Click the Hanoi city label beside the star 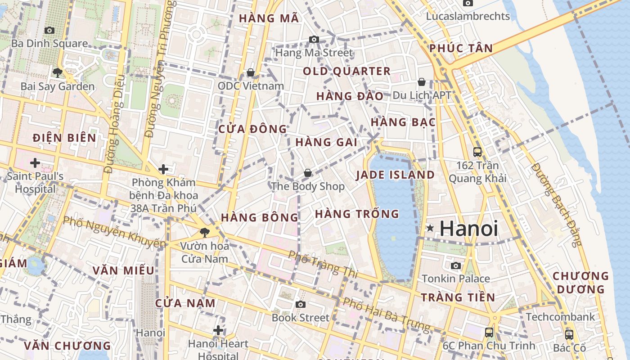tap(468, 228)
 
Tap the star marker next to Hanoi tap(430, 228)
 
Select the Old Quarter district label tap(346, 71)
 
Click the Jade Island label tap(396, 175)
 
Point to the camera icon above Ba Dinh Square tap(49, 30)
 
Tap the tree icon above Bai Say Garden tap(57, 72)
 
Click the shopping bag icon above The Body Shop tap(308, 173)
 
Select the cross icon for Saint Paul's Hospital tap(35, 162)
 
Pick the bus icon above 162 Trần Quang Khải tap(477, 152)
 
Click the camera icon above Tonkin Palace tap(456, 265)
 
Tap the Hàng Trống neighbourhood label tap(357, 214)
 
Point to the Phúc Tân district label tap(461, 48)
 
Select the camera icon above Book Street tap(301, 305)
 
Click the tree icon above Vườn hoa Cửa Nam tap(204, 233)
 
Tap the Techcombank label tap(560, 317)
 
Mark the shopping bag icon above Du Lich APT tap(422, 82)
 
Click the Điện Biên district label tap(64, 138)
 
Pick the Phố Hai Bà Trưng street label tap(386, 314)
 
